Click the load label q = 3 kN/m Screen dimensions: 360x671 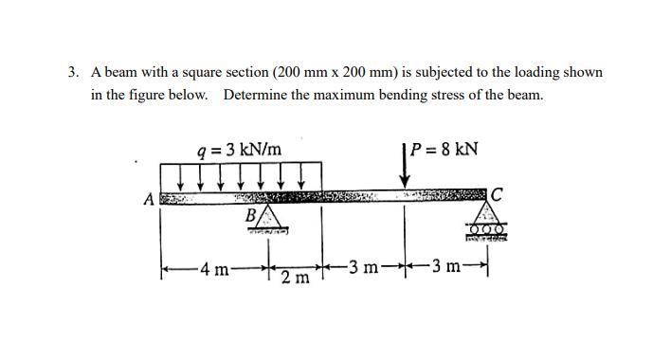coord(238,150)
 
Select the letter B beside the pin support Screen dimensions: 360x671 coord(251,214)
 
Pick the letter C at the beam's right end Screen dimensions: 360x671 coord(498,195)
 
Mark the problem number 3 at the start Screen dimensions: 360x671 coord(72,72)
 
